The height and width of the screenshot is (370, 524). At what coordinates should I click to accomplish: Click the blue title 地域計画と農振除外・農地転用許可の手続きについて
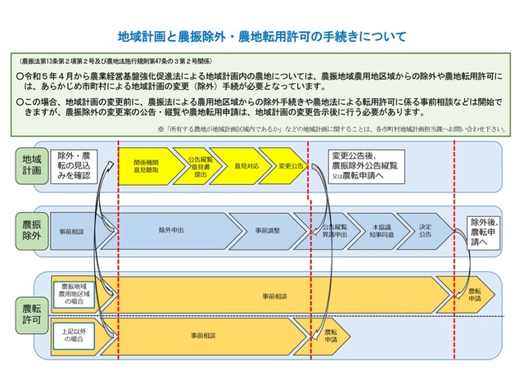[x=262, y=37]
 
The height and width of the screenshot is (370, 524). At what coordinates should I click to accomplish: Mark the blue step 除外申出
[x=171, y=231]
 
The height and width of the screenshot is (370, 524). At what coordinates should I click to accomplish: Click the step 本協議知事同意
[x=382, y=231]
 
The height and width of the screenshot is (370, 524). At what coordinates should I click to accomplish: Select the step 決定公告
[x=426, y=231]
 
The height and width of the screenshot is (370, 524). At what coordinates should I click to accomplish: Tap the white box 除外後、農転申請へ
[x=482, y=231]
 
